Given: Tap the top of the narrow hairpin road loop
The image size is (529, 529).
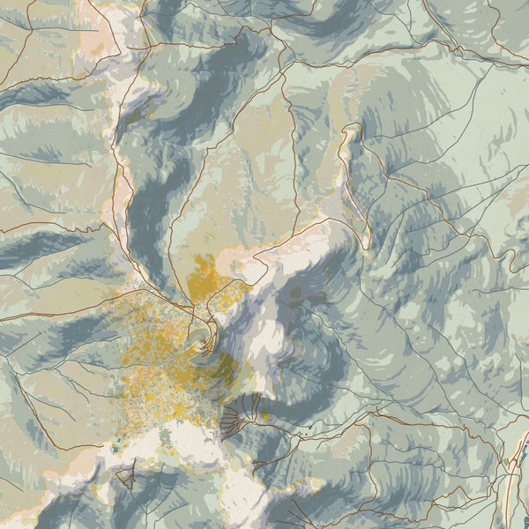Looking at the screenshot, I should tap(352, 128).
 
